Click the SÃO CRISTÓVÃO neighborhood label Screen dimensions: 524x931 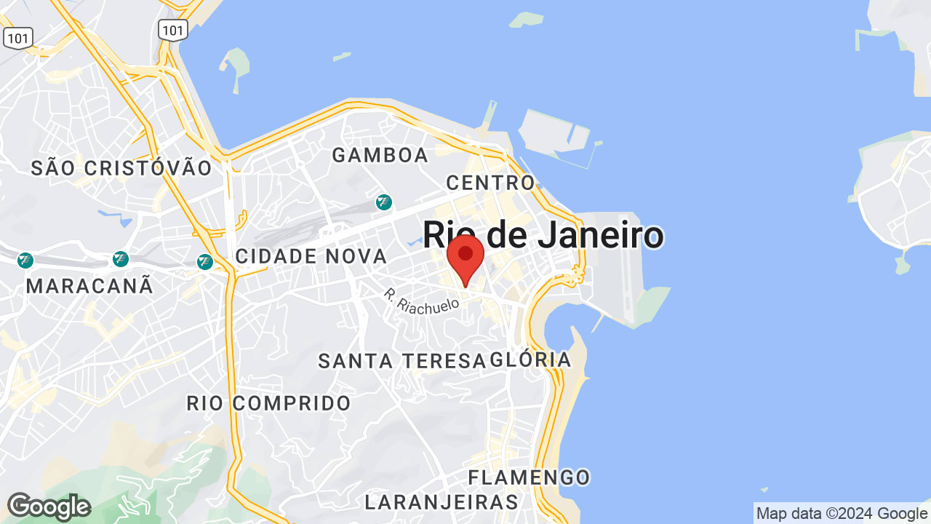(121, 168)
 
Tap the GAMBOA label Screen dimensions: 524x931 (380, 155)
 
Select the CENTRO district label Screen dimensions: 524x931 (491, 182)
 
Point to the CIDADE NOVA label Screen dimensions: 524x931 (311, 256)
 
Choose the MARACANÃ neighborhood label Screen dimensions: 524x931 (90, 286)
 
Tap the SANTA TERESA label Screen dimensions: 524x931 (401, 360)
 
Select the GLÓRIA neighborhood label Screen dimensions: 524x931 (531, 360)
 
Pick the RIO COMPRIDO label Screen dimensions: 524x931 (268, 403)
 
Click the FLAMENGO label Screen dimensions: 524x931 (529, 477)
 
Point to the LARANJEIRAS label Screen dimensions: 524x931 (441, 502)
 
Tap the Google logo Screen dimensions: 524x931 (49, 507)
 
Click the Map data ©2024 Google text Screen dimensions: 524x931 (842, 513)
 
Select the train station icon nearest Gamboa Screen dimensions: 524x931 (384, 202)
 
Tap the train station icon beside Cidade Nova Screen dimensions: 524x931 (206, 261)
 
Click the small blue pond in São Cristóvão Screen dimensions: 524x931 (116, 216)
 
